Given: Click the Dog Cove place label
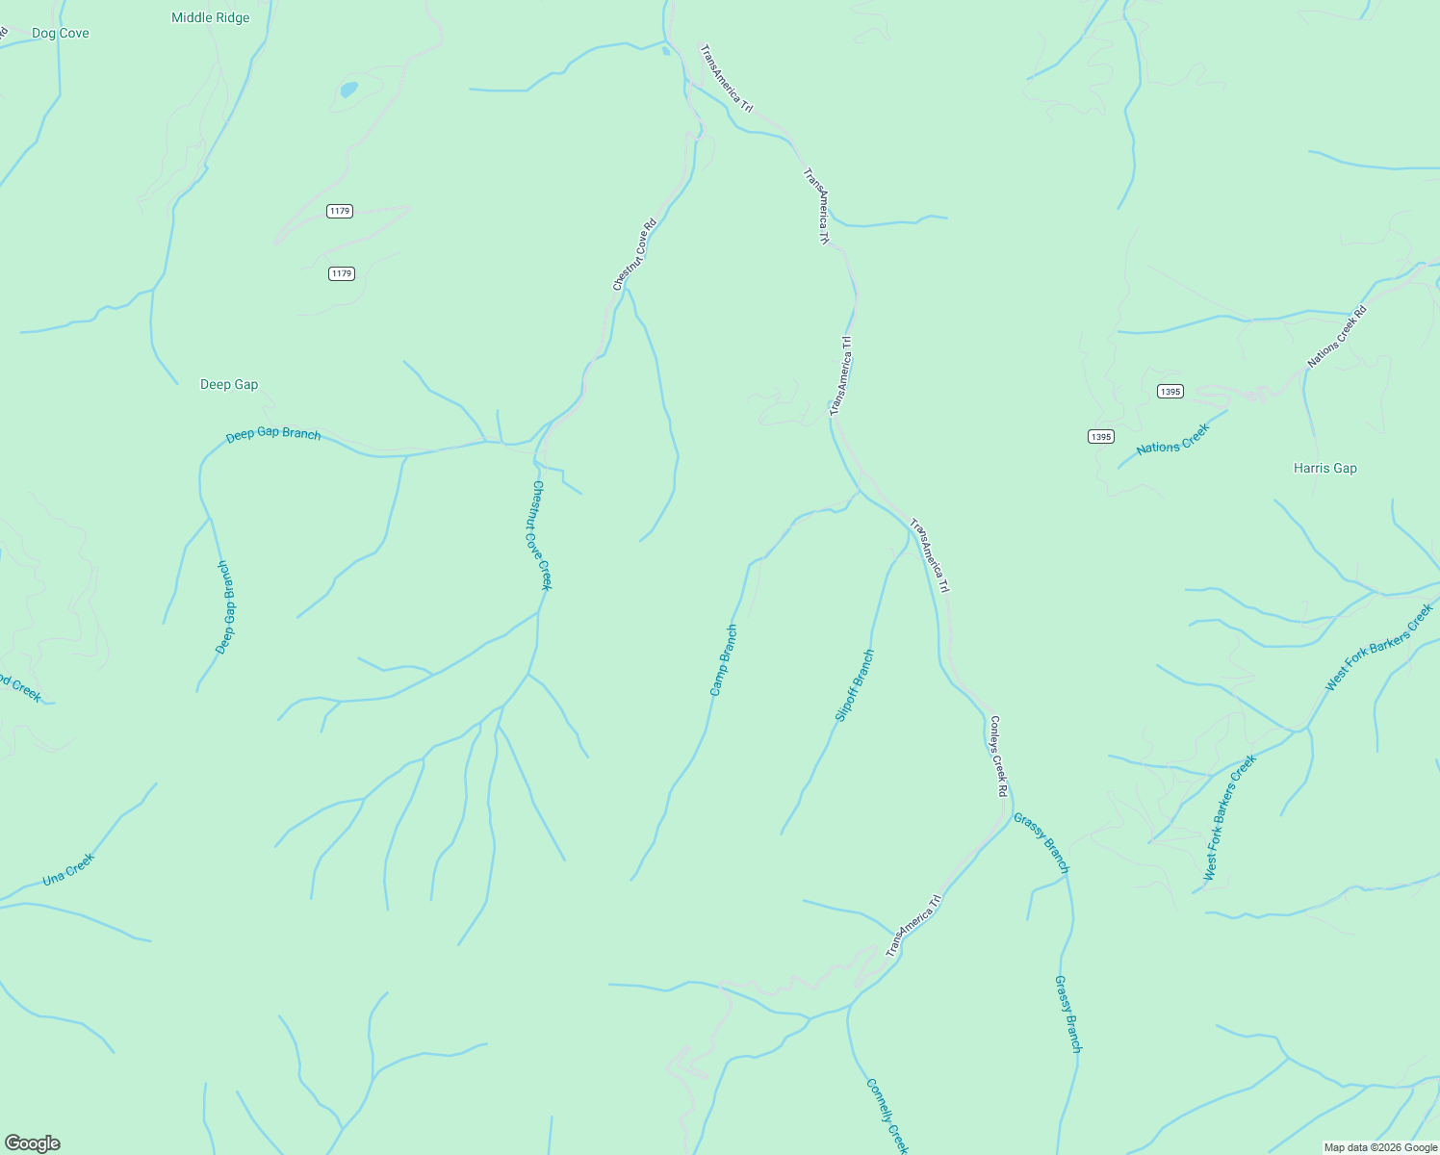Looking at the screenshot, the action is pyautogui.click(x=60, y=33).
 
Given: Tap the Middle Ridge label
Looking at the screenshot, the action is pyautogui.click(x=210, y=17).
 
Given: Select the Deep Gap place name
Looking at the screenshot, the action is pyautogui.click(x=229, y=384).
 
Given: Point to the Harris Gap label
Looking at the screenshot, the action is pyautogui.click(x=1324, y=468).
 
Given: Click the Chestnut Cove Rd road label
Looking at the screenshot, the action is pyautogui.click(x=634, y=255).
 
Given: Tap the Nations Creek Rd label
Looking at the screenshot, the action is pyautogui.click(x=1337, y=337).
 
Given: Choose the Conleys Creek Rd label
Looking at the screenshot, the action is pyautogui.click(x=998, y=756).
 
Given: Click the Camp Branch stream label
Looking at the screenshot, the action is pyautogui.click(x=724, y=660).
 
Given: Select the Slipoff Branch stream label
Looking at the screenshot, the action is pyautogui.click(x=855, y=685).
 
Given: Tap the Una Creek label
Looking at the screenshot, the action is pyautogui.click(x=68, y=869).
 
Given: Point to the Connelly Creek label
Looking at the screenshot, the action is pyautogui.click(x=887, y=1116).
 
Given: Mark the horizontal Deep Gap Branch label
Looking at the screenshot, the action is pyautogui.click(x=273, y=434).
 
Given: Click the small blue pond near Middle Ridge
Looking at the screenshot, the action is pyautogui.click(x=348, y=90).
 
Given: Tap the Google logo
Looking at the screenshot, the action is pyautogui.click(x=33, y=1143).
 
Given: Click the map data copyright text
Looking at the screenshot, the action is pyautogui.click(x=1380, y=1147).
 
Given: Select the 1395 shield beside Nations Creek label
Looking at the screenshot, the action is pyautogui.click(x=1101, y=436).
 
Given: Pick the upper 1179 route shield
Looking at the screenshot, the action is pyautogui.click(x=339, y=211).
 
